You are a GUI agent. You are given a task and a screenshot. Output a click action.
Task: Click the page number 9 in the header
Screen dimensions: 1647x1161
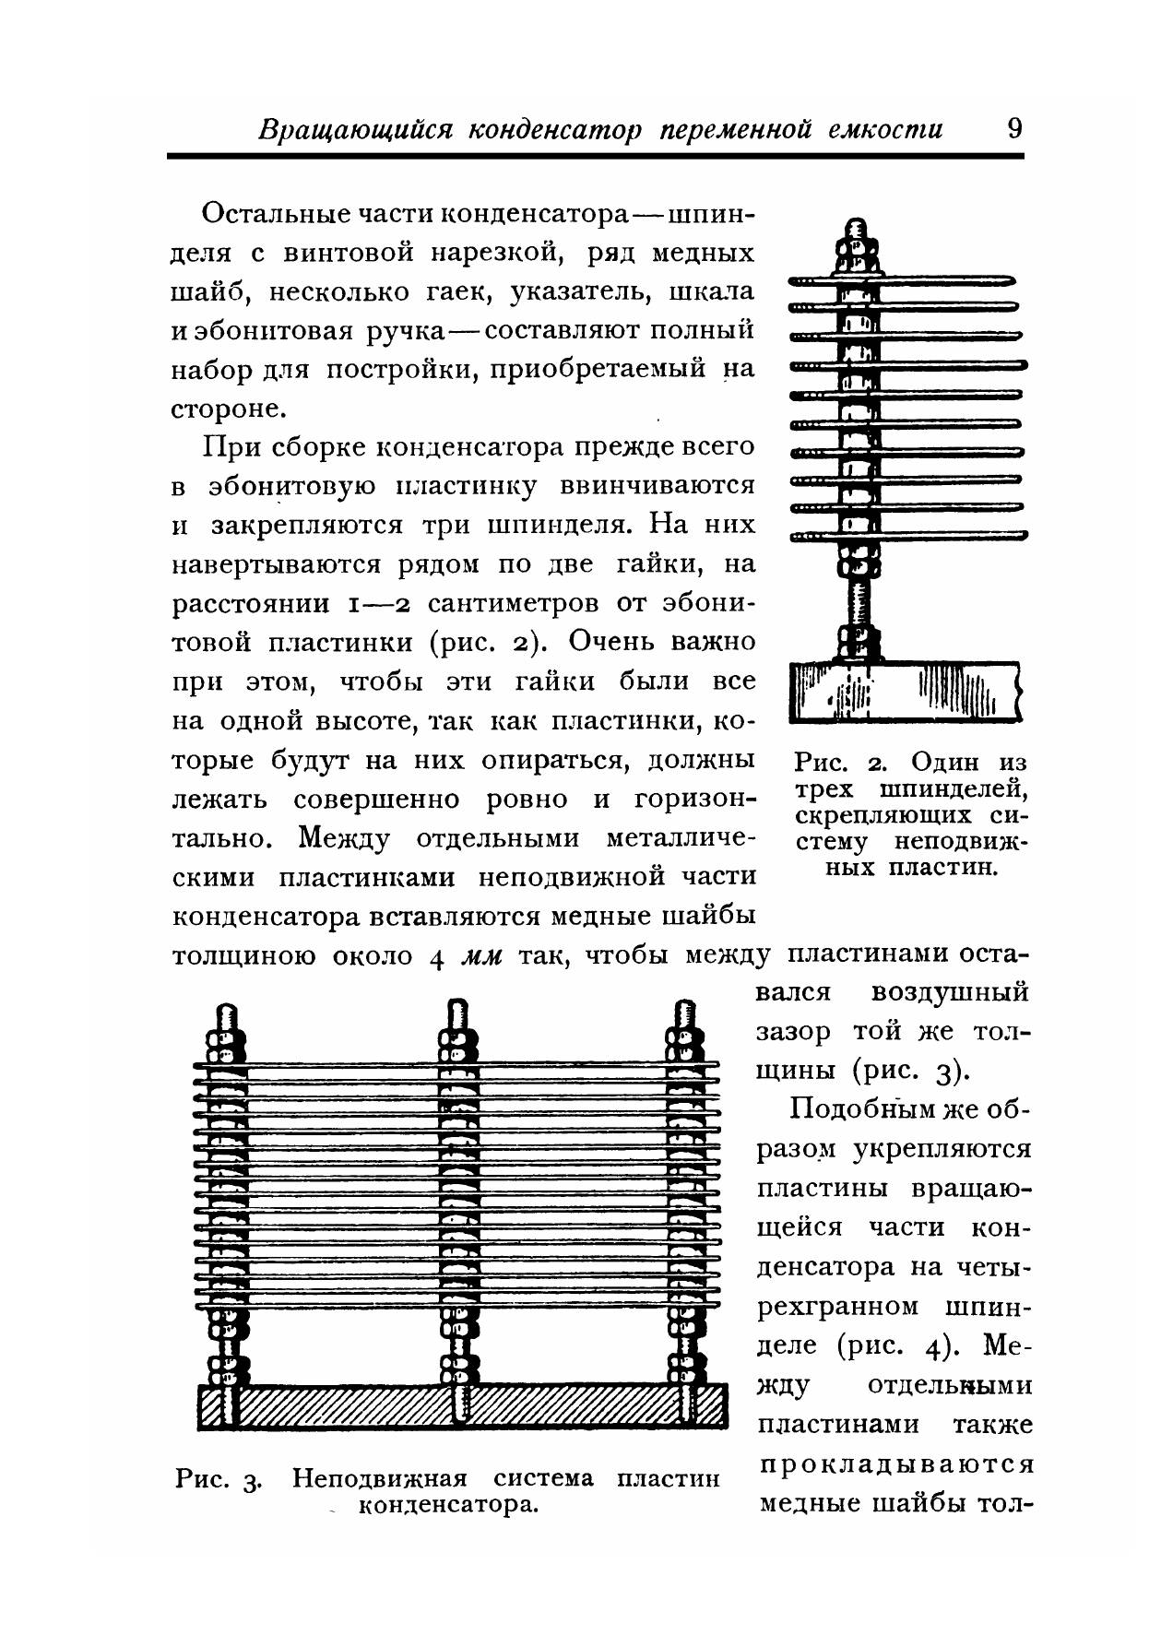[x=1013, y=127]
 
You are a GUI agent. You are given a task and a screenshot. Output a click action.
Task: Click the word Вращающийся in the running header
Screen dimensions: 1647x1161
[x=356, y=129]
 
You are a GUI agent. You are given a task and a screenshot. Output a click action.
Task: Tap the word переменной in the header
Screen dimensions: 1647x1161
[x=735, y=129]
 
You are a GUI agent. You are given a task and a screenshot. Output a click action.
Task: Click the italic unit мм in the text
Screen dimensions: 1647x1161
[x=481, y=957]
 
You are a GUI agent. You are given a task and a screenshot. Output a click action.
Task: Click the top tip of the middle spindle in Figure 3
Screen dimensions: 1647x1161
[x=455, y=1007]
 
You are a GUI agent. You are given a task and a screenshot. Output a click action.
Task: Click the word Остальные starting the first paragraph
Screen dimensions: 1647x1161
[x=275, y=214]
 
